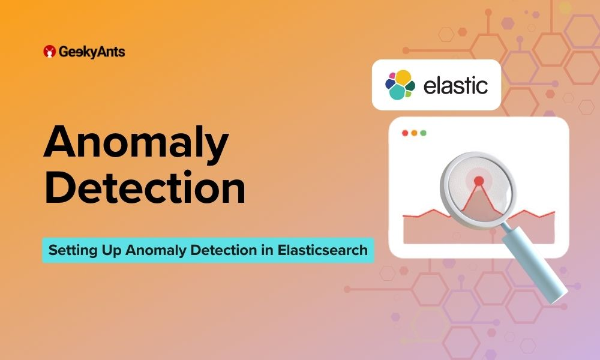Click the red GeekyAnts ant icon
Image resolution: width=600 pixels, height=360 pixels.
tap(49, 51)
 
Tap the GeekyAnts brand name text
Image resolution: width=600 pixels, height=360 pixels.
tap(92, 52)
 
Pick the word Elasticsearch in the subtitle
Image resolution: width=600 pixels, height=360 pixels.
tap(323, 250)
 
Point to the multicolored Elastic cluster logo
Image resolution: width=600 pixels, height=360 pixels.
tap(400, 85)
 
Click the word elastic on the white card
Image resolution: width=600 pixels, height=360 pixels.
tap(455, 85)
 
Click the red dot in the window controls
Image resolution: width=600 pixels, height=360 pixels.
tap(405, 133)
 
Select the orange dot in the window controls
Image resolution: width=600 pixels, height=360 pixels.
tap(414, 133)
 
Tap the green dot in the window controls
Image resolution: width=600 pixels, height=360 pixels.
tap(423, 133)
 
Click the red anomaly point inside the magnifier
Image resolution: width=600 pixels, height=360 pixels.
tap(479, 181)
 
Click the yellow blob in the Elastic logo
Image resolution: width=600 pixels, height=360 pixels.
tap(403, 77)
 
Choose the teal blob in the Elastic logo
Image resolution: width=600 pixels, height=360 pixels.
tap(397, 92)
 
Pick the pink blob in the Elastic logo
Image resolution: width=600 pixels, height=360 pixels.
tap(392, 76)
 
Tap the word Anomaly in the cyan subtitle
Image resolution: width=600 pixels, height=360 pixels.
tap(156, 251)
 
